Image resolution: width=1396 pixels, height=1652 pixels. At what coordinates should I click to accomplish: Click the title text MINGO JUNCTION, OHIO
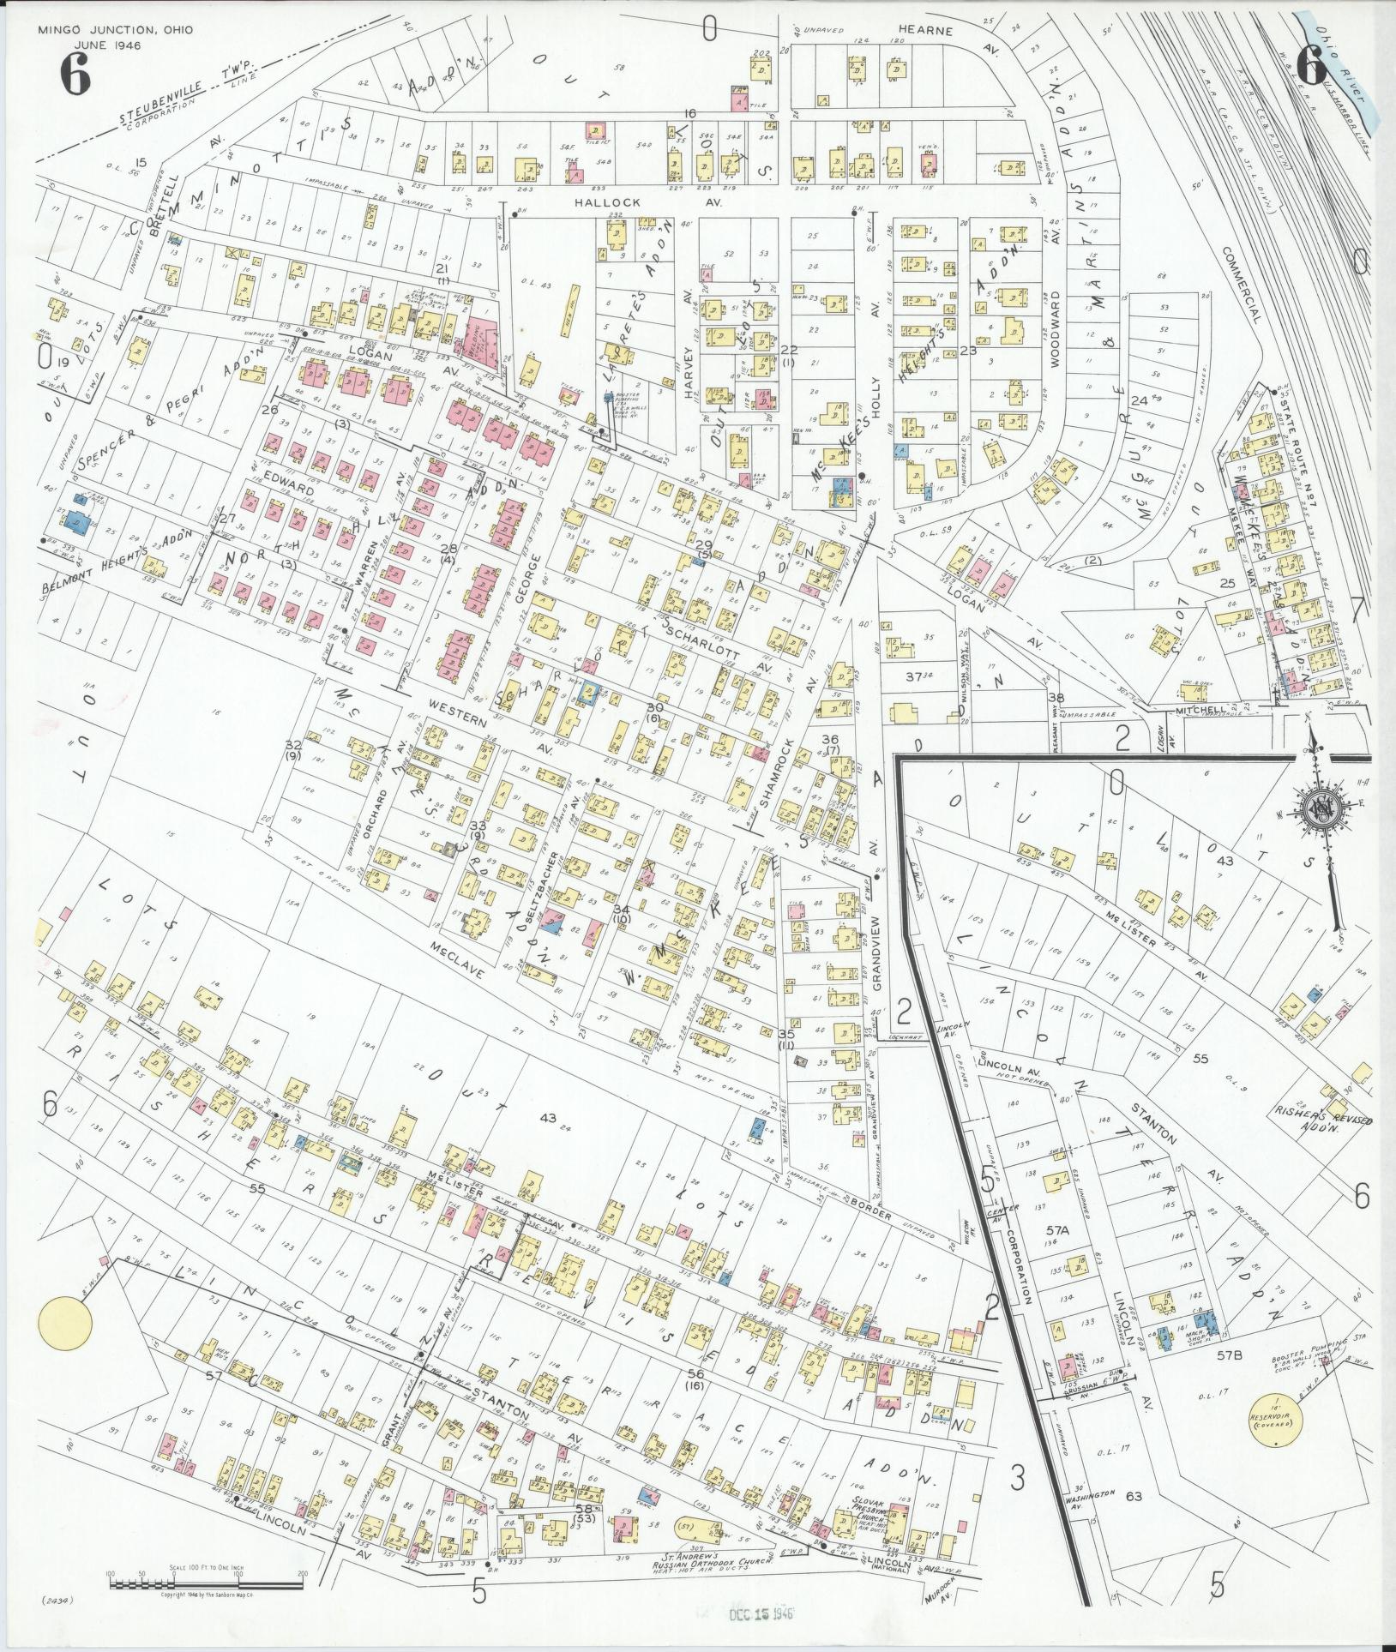(x=115, y=30)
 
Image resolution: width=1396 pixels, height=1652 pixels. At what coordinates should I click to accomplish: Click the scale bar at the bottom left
(x=206, y=1573)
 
